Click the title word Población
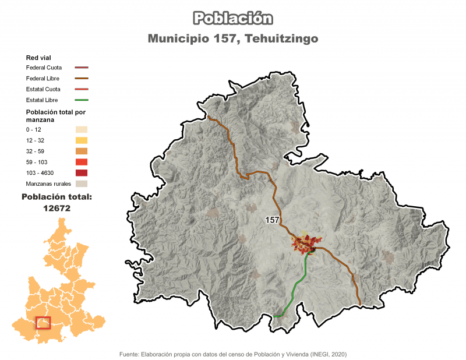233,18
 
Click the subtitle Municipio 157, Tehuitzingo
233,39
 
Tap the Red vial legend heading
38,58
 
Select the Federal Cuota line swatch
81,68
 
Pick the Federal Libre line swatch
81,79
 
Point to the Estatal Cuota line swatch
81,90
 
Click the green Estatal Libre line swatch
81,100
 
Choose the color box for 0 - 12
81,129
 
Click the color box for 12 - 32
81,140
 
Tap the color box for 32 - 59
81,151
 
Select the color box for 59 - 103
81,162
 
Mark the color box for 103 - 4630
81,173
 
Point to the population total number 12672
57,207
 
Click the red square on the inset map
43,322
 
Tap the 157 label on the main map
273,220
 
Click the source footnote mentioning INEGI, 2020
233,354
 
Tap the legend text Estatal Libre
43,100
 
